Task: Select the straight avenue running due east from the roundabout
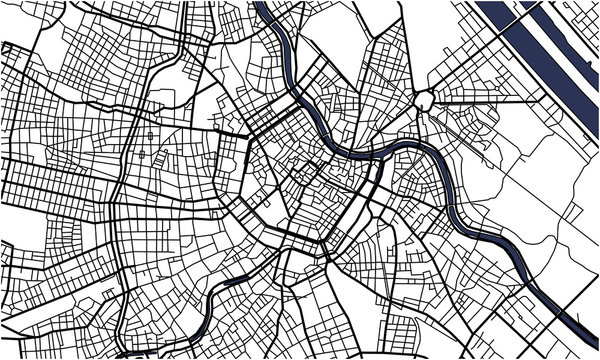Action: click(480, 100)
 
